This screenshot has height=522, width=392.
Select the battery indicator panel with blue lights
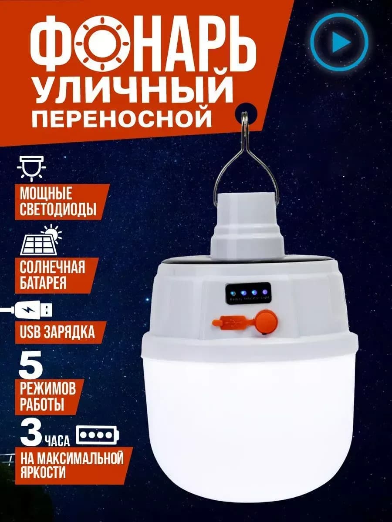coord(248,294)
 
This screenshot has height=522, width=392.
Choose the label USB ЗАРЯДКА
coord(57,332)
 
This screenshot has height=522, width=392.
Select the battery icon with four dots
coord(98,435)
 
